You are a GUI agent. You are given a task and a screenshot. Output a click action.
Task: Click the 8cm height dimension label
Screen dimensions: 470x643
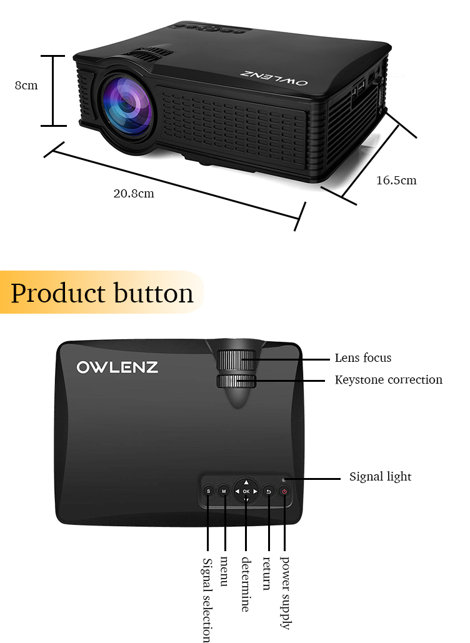[x=26, y=85]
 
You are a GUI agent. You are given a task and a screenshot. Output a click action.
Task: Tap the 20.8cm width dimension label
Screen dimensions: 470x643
[x=134, y=194]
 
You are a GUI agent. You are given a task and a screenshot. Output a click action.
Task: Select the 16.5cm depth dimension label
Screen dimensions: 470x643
[x=396, y=181]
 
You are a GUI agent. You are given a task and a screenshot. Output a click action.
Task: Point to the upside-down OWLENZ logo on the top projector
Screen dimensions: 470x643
[x=274, y=78]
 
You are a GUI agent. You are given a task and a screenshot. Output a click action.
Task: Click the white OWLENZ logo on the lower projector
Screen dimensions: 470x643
[x=117, y=367]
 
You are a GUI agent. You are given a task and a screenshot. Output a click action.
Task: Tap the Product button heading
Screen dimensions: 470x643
[x=102, y=293]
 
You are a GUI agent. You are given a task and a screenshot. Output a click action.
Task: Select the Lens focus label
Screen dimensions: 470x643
[x=363, y=358]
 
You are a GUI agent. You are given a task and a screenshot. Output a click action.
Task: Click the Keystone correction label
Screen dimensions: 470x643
[x=388, y=380]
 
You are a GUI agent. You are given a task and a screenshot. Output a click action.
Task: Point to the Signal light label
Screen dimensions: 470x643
[x=380, y=477]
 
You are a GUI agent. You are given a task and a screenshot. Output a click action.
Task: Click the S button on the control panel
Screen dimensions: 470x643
[x=208, y=491]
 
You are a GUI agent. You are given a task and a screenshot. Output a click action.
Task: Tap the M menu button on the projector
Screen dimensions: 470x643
[x=224, y=491]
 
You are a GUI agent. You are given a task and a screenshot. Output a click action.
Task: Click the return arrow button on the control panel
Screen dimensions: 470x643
[x=269, y=491]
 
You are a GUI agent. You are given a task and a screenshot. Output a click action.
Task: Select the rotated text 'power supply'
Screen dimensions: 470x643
[x=284, y=592]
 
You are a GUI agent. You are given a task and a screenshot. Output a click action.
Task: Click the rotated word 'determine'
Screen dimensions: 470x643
[x=246, y=584]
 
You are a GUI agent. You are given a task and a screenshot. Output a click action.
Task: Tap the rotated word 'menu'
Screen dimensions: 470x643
[x=224, y=571]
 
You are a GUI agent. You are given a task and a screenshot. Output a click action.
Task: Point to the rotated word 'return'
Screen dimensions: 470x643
[x=267, y=573]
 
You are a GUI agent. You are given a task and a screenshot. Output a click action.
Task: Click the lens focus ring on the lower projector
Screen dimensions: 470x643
[x=236, y=360]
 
